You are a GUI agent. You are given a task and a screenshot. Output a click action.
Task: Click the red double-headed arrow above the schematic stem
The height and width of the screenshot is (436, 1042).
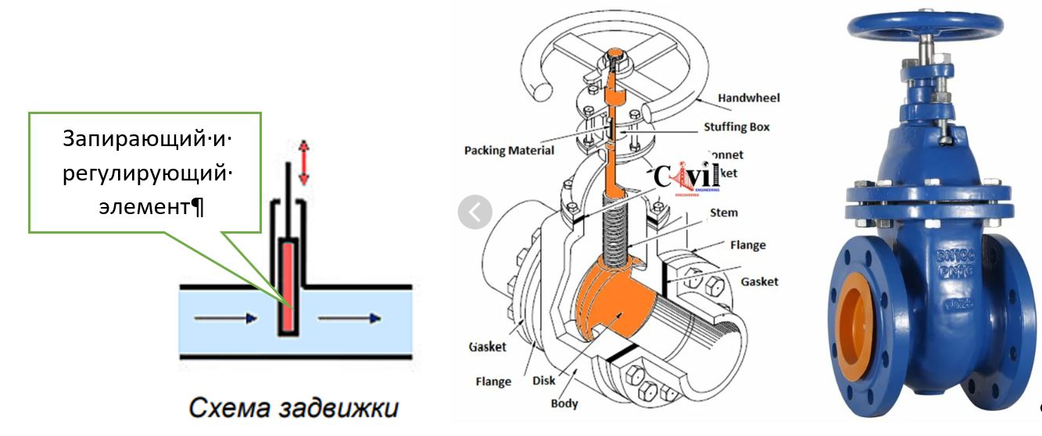click(x=304, y=162)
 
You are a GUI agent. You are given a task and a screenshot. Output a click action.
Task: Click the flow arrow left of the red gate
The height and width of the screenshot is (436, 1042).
click(x=225, y=318)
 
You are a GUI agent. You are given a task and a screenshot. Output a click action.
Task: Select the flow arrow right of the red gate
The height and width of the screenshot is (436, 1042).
click(x=349, y=318)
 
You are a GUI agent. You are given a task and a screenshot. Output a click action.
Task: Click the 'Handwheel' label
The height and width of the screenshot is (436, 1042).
click(x=748, y=98)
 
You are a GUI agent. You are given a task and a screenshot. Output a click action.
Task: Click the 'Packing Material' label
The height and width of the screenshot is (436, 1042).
click(x=509, y=149)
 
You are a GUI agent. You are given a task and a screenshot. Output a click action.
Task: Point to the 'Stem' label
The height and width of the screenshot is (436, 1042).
click(x=723, y=213)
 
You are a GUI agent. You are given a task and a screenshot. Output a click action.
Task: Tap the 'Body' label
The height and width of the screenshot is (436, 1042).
click(x=564, y=403)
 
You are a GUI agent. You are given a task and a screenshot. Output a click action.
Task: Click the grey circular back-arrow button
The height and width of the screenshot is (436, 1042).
click(x=474, y=212)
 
